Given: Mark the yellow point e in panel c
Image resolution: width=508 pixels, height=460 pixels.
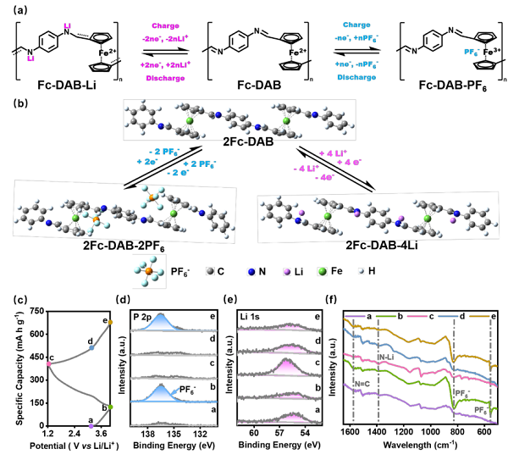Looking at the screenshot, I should click(111, 322).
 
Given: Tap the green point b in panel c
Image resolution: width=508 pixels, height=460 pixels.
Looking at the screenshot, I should click(110, 407).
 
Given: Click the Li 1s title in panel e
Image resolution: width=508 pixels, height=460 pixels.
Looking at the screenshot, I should click(251, 318).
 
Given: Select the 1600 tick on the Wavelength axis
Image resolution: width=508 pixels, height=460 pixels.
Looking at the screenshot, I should click(352, 432).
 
